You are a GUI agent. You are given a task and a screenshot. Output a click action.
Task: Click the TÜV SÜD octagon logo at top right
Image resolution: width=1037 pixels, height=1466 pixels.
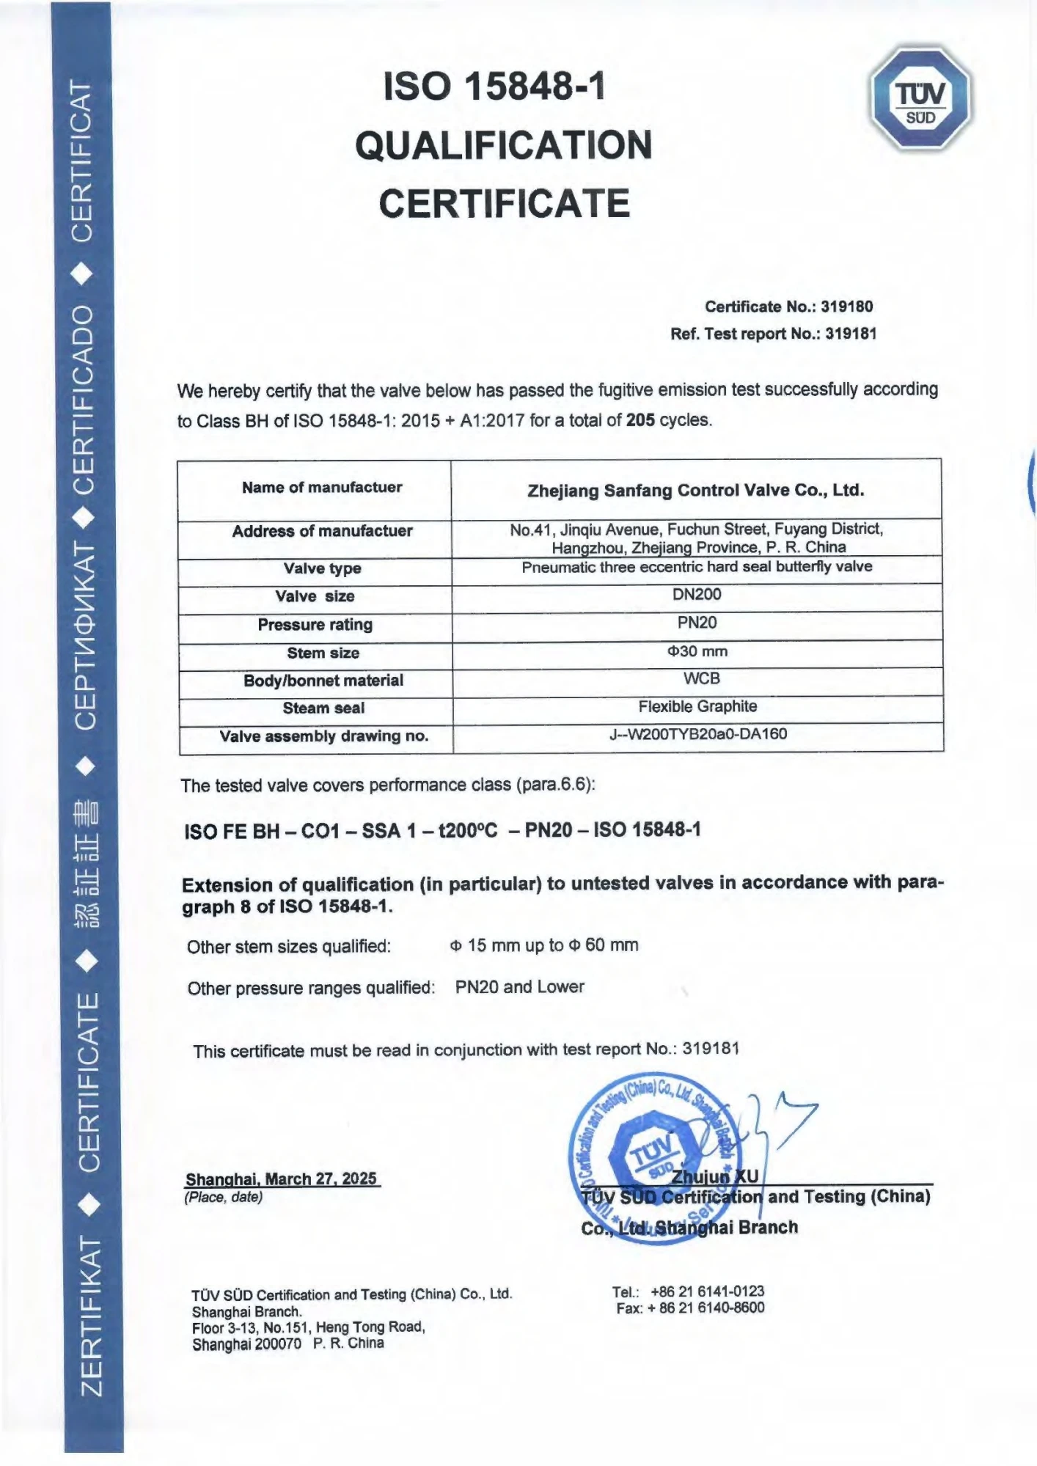921,99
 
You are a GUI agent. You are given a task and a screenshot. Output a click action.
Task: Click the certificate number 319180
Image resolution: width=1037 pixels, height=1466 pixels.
846,307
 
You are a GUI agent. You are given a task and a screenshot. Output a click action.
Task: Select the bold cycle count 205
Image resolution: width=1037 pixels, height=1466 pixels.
640,420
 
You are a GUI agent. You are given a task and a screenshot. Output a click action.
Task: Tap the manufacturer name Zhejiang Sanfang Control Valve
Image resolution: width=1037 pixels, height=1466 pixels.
695,491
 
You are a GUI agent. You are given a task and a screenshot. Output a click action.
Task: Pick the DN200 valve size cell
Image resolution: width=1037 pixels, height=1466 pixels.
697,594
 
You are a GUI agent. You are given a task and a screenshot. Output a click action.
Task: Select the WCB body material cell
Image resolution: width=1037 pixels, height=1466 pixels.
701,678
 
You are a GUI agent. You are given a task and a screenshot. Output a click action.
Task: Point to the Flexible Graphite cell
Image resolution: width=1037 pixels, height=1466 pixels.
697,706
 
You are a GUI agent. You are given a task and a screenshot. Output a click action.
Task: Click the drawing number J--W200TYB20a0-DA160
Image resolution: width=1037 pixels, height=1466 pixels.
697,734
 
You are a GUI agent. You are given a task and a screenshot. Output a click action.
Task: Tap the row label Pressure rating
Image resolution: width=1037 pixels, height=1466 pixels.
315,625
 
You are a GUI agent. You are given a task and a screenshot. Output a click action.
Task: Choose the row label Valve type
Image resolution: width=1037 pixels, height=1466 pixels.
323,568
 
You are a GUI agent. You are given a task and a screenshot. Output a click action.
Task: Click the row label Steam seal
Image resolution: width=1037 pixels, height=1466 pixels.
323,708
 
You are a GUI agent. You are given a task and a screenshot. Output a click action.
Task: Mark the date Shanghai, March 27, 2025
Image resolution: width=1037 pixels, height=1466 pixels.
281,1179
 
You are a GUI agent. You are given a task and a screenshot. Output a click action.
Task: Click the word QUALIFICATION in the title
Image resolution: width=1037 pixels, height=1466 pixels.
504,145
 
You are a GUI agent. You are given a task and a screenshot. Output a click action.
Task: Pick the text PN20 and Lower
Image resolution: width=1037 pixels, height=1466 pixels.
519,986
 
